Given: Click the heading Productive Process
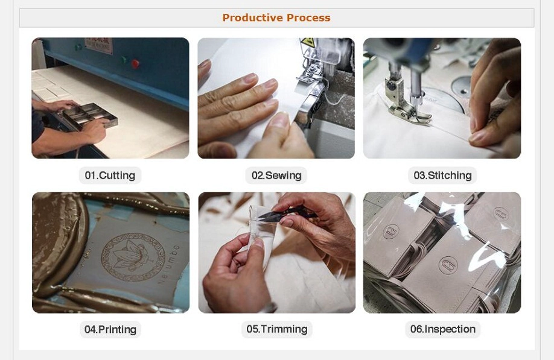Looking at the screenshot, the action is pos(276,17).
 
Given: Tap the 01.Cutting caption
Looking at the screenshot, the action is pos(110,175).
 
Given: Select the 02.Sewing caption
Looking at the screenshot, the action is pos(276,175).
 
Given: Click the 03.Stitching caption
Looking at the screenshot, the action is pos(442,175).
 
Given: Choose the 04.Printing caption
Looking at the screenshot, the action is pos(110,329).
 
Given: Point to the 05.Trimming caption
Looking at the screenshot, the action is pos(276,329).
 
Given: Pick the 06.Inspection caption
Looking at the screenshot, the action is pos(443,329).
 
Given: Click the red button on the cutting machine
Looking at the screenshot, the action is pos(135,64).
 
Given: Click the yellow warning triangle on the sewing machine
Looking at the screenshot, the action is pos(308,42).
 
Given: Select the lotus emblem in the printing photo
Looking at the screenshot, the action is pos(133,257).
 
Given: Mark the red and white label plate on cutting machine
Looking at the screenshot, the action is pos(98,45).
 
